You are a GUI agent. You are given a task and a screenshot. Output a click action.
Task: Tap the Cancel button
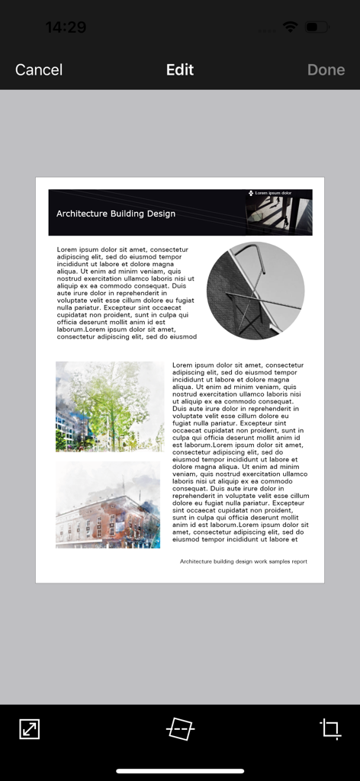coord(39,69)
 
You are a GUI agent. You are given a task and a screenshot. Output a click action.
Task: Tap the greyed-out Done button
coord(326,69)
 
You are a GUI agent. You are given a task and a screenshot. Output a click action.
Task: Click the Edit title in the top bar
coord(180,69)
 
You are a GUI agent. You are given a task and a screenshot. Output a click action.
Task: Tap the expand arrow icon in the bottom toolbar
coord(29,729)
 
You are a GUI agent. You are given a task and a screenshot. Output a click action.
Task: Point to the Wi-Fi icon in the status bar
coord(290,27)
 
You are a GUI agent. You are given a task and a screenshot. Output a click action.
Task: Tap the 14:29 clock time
coord(66,27)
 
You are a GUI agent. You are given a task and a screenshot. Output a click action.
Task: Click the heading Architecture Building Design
coord(116,214)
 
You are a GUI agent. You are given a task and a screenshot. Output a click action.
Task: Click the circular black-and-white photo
coord(256,291)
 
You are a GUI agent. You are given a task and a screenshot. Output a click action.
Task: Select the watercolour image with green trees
coord(110,407)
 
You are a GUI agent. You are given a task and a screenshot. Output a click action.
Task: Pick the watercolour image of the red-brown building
coord(108,505)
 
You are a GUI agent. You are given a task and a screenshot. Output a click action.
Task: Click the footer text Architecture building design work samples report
coord(243,561)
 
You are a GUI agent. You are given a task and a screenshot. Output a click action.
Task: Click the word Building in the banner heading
coord(127,214)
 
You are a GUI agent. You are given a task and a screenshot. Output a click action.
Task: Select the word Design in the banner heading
coord(162,214)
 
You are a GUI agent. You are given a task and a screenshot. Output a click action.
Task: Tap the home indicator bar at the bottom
coord(180,770)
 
